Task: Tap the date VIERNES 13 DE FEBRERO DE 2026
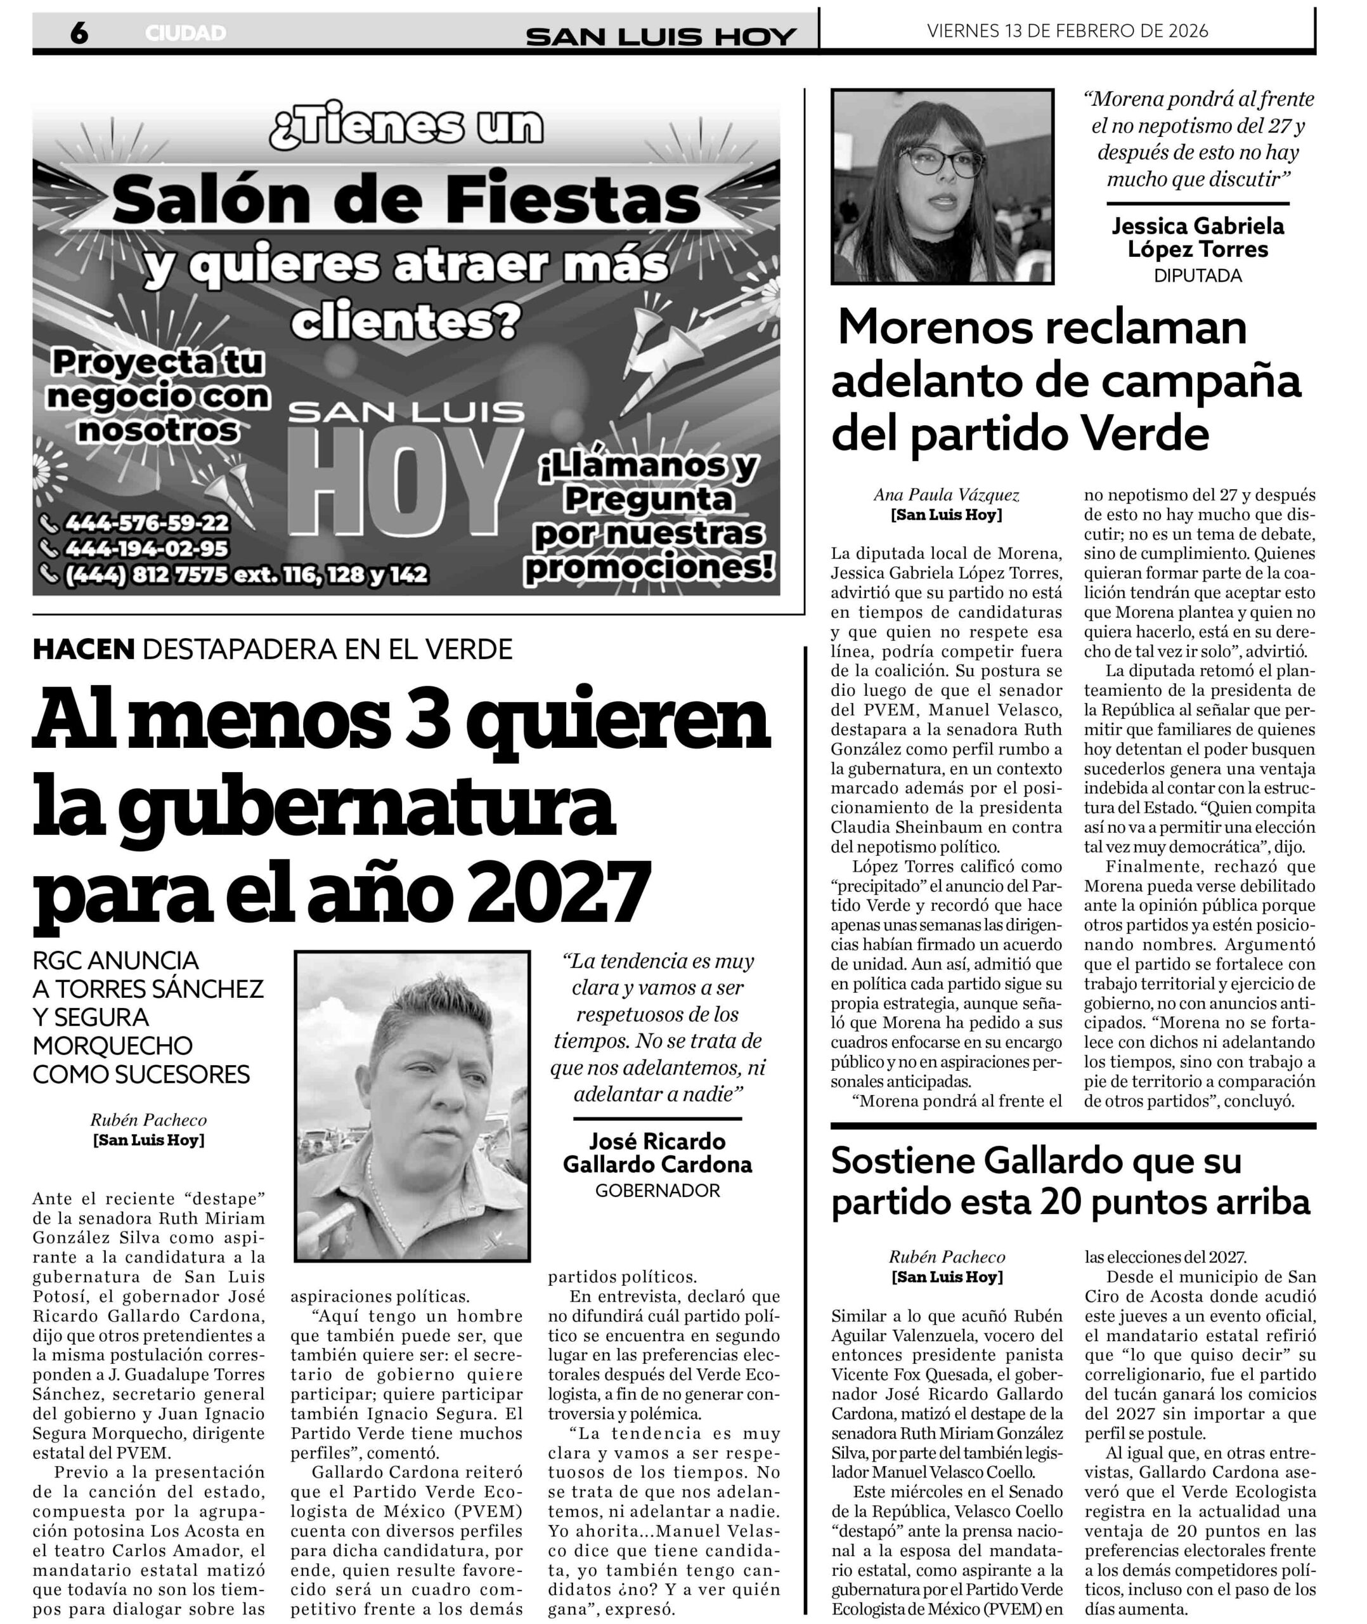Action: (1067, 31)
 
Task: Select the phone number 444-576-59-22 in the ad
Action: (146, 523)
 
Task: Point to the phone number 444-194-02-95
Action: (146, 549)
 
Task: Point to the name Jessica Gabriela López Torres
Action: (1197, 237)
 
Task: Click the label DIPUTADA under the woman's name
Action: (1197, 276)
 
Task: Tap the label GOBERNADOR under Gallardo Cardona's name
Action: (657, 1191)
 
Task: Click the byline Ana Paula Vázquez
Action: (945, 495)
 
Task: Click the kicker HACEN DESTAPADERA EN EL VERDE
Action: (272, 649)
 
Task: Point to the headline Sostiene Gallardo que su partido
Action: (1070, 1182)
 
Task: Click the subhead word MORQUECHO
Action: (112, 1045)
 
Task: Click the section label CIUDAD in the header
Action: (185, 34)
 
